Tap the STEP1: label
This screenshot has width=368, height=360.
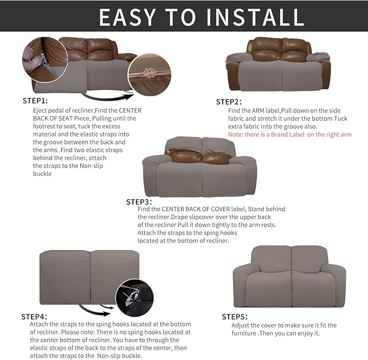[x=35, y=101]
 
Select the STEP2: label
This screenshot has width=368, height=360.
[x=229, y=102]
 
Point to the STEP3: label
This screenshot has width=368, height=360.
[x=139, y=201]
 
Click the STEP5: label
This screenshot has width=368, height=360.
[x=235, y=317]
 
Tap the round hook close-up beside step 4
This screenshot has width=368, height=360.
[x=134, y=298]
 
